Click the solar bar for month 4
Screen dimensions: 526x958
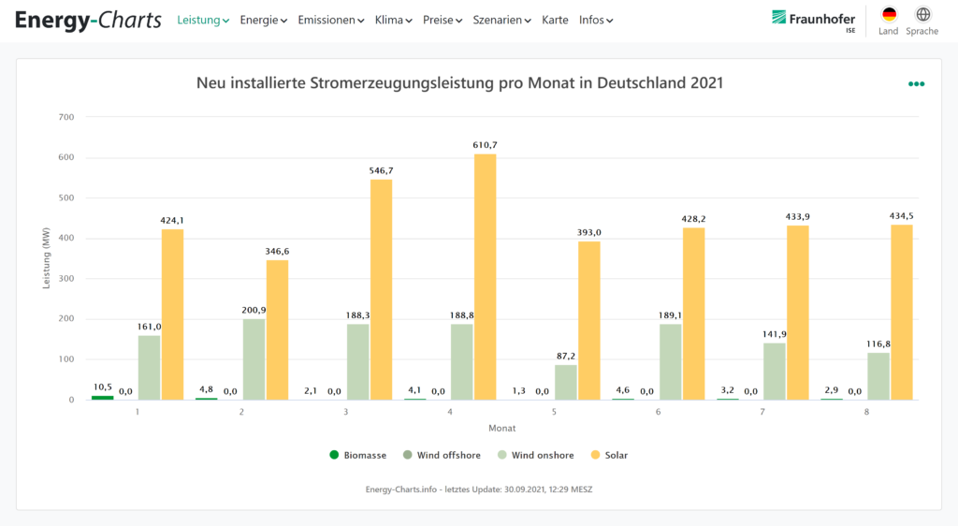point(485,276)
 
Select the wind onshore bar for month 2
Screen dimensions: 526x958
point(254,359)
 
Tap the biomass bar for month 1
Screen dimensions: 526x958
point(102,398)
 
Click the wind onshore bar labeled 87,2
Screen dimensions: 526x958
point(566,382)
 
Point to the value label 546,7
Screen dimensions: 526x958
point(381,171)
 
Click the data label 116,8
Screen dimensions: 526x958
point(878,343)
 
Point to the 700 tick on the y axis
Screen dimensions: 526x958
point(65,117)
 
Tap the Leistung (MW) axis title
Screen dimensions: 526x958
point(47,257)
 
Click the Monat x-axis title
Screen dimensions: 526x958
point(501,428)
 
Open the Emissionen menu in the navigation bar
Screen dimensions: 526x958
point(330,20)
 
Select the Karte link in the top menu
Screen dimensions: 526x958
point(555,20)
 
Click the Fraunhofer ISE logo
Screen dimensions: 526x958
point(813,19)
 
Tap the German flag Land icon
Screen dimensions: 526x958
point(888,15)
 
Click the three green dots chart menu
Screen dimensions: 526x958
point(916,84)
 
